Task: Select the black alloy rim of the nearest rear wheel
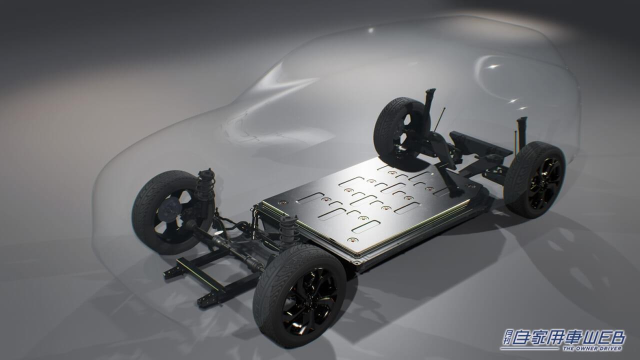(541, 183)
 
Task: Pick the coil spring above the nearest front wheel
(289, 228)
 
